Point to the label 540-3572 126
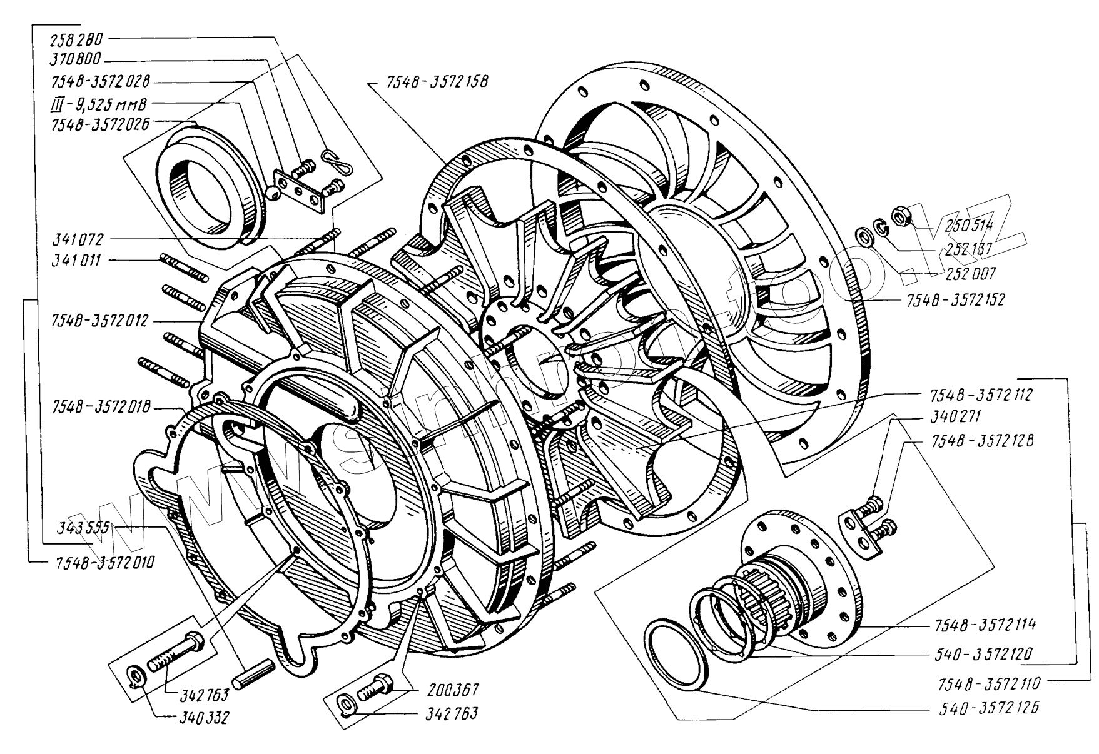pyautogui.click(x=986, y=708)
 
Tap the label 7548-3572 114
pyautogui.click(x=986, y=625)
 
